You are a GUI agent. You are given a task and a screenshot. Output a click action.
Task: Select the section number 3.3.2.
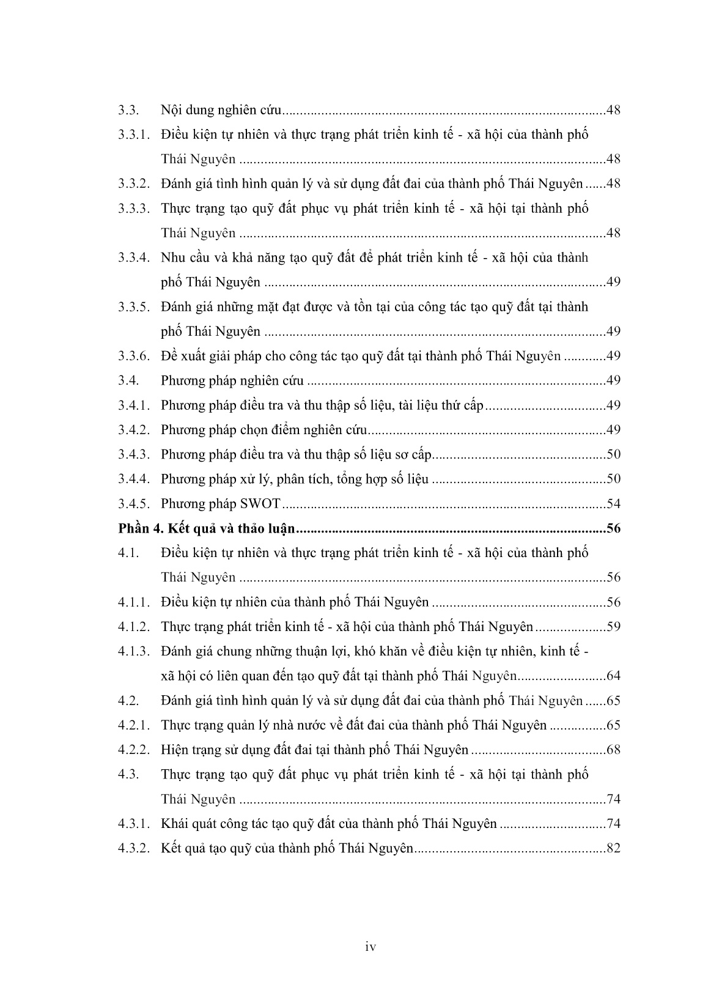click(x=134, y=184)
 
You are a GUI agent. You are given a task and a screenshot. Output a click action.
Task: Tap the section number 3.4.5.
click(x=134, y=504)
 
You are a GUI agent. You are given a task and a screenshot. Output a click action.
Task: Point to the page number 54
click(x=613, y=504)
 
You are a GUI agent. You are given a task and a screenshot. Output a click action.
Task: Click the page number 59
click(x=613, y=627)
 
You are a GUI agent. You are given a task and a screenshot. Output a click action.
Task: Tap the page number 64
click(x=613, y=676)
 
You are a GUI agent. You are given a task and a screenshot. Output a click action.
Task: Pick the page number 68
click(x=613, y=750)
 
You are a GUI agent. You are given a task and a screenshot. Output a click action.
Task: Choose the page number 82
click(x=613, y=848)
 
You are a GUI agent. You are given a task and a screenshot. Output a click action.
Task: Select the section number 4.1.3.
click(x=134, y=651)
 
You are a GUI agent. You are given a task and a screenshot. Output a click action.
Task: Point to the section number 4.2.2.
click(x=134, y=750)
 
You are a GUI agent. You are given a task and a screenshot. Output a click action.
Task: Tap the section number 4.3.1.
click(x=134, y=824)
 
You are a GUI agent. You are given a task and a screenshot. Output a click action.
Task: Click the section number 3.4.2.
click(x=134, y=430)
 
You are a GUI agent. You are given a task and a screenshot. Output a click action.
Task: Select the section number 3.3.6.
click(x=134, y=356)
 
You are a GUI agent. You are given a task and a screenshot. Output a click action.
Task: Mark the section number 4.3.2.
click(x=134, y=848)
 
